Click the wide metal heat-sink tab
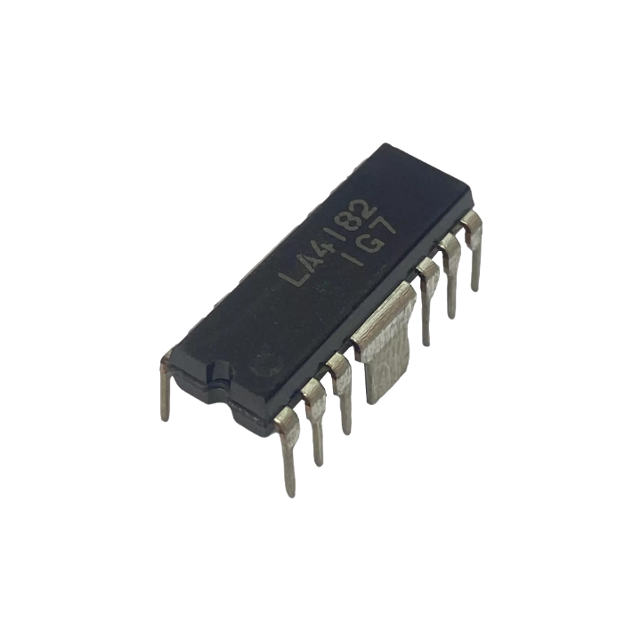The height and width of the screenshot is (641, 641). click(385, 339)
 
